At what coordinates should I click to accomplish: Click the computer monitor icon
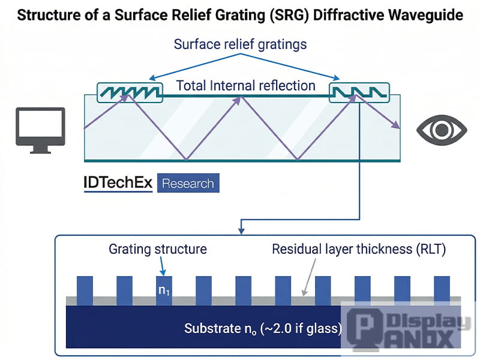click(40, 129)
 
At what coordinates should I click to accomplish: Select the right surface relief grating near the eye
click(359, 92)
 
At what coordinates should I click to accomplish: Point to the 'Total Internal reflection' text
click(245, 86)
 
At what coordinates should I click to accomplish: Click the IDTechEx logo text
click(118, 182)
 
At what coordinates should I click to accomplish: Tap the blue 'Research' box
click(188, 183)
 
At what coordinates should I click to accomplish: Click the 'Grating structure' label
click(157, 248)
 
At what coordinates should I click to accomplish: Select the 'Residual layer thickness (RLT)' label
click(359, 248)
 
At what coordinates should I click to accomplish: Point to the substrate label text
click(263, 328)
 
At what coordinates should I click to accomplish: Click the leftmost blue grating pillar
click(85, 290)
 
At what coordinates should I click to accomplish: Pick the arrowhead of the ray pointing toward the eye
click(396, 125)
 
